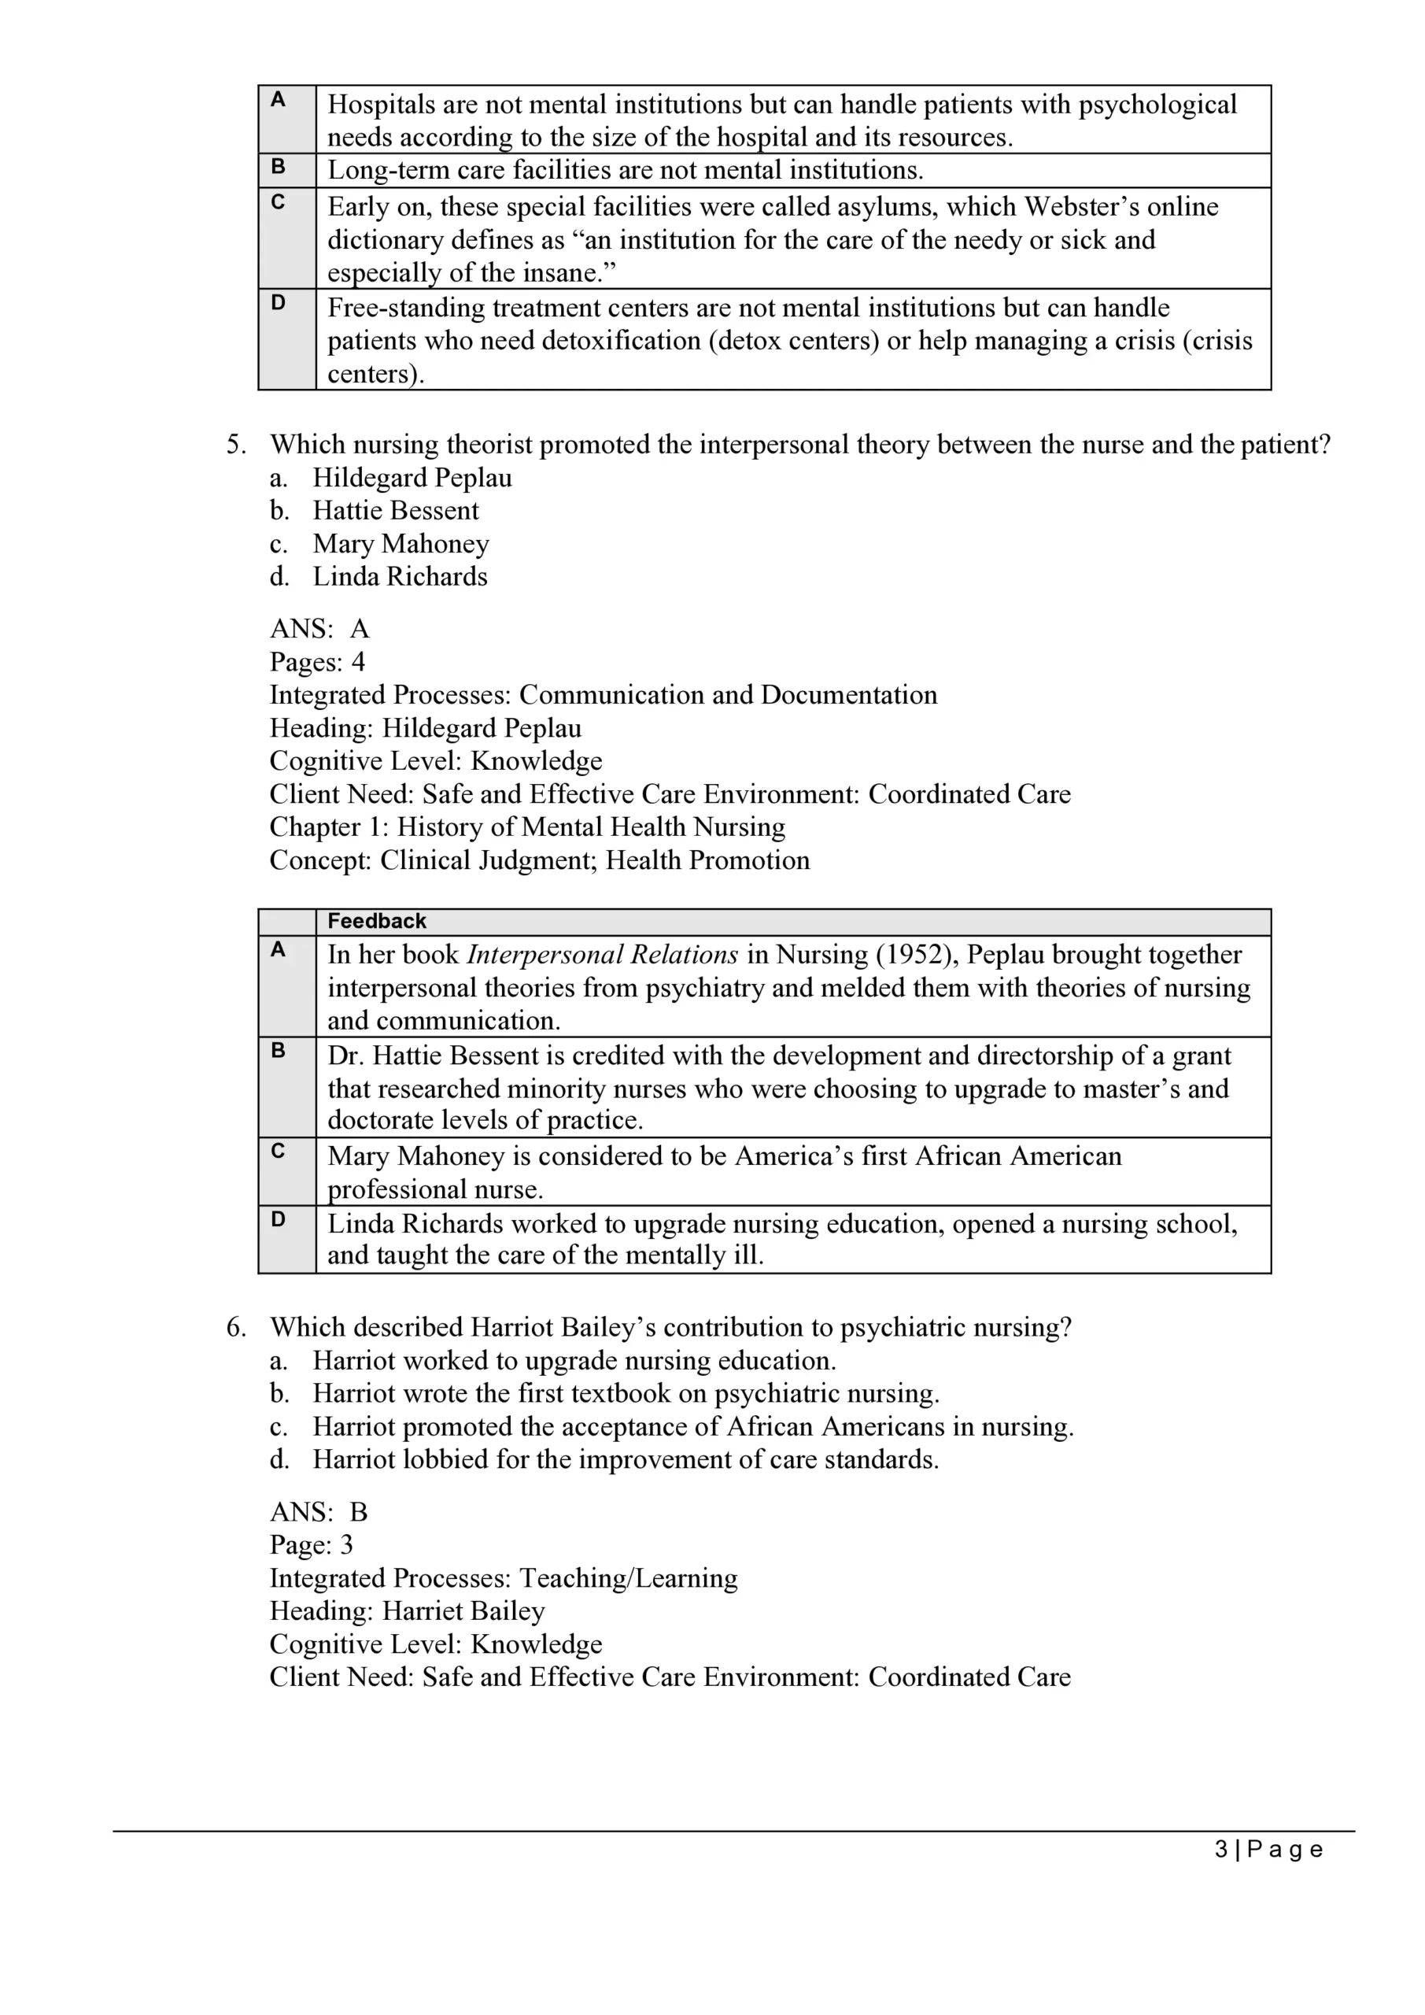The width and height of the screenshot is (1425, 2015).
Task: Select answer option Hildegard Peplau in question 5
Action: pos(412,479)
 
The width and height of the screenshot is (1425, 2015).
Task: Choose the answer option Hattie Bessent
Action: pos(396,511)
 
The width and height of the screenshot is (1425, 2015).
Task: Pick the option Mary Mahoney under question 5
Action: pos(401,544)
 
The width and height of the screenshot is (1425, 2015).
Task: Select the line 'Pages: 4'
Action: pos(317,663)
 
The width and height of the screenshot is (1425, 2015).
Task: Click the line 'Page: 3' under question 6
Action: pos(311,1545)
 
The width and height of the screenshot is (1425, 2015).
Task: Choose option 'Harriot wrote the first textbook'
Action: pos(626,1394)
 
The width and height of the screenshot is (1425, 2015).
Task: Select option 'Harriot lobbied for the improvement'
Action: pos(626,1459)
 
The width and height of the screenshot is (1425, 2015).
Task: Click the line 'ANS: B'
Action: pos(319,1512)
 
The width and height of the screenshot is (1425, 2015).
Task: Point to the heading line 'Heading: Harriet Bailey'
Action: pos(407,1611)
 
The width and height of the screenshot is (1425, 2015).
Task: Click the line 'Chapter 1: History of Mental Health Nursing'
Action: pos(526,827)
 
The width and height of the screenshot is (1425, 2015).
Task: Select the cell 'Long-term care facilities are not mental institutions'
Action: pos(626,170)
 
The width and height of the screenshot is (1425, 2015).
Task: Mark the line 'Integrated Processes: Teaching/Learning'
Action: pos(503,1578)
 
